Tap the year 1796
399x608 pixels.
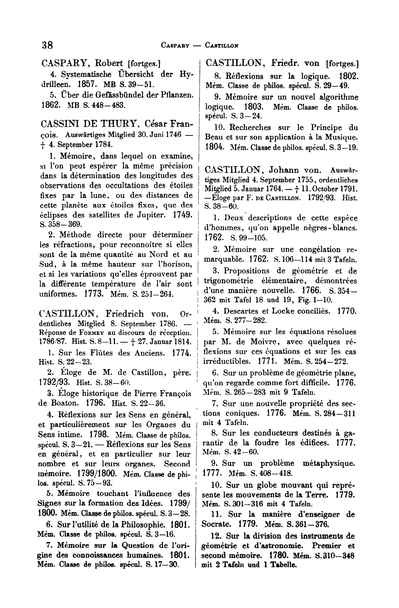point(96,403)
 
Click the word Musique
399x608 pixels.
point(342,137)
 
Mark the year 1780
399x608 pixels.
point(279,556)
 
